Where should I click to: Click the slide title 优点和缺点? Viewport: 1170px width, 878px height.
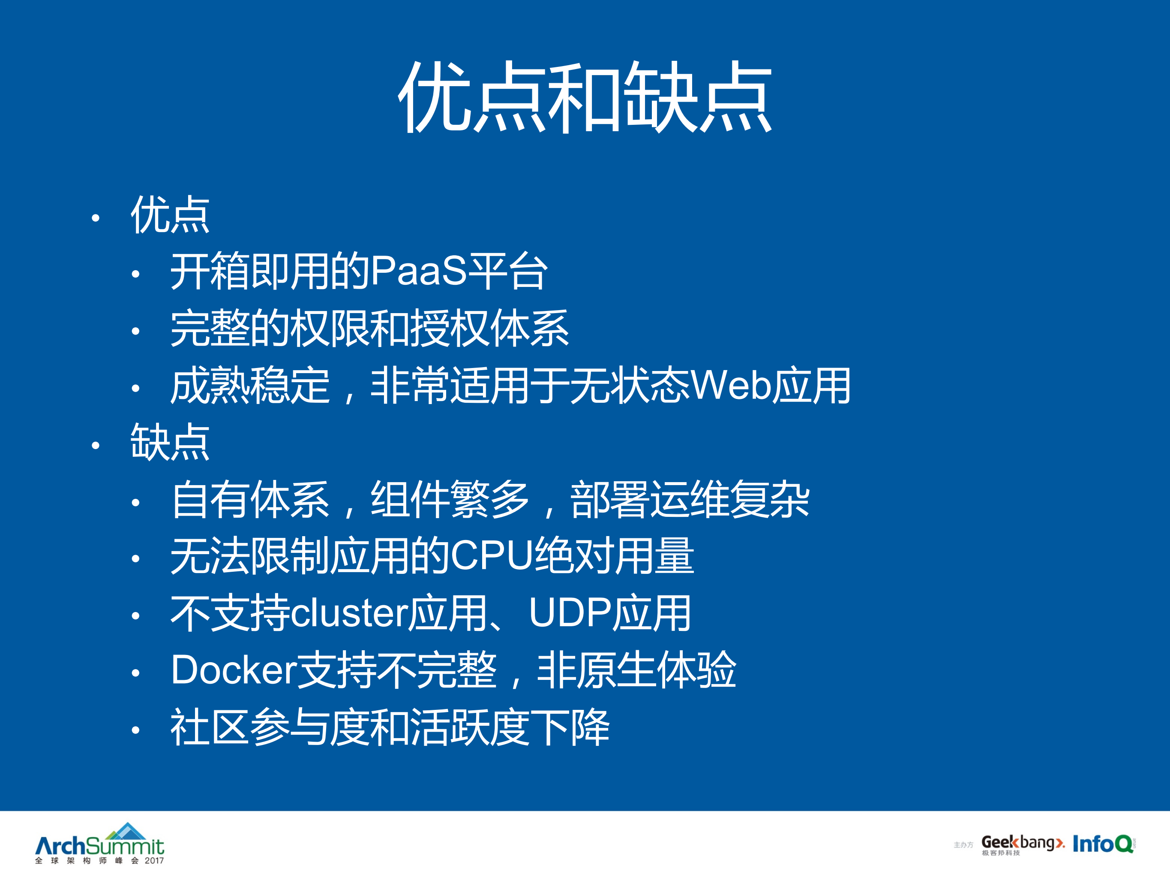[x=585, y=97]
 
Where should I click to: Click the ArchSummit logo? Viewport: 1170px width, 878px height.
[x=99, y=844]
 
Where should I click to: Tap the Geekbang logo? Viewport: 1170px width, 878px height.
[x=1023, y=845]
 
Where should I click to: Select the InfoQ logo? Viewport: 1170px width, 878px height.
[x=1103, y=844]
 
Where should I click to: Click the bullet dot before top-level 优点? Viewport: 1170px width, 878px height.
[x=95, y=217]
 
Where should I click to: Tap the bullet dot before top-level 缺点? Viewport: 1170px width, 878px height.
[x=95, y=446]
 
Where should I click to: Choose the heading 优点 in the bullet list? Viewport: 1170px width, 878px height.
[x=170, y=214]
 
